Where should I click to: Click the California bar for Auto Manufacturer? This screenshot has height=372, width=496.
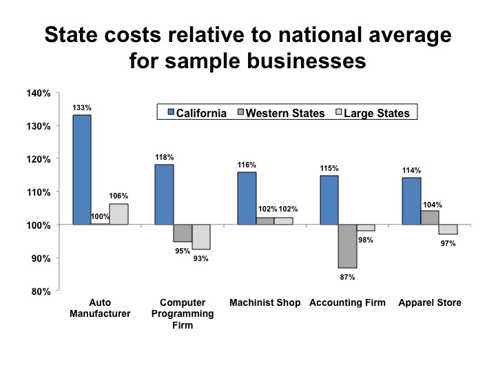(81, 169)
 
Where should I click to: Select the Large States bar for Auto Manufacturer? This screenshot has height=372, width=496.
(118, 214)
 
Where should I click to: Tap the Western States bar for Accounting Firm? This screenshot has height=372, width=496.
(347, 246)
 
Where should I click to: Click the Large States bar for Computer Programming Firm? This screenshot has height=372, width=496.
(201, 236)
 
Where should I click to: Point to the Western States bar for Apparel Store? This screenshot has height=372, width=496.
(430, 218)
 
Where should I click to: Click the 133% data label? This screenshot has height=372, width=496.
(81, 108)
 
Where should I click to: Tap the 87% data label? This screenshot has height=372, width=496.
(348, 277)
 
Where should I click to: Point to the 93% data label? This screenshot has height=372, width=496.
(200, 258)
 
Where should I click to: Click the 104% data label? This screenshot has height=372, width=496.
(433, 205)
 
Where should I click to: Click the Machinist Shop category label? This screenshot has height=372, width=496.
(265, 302)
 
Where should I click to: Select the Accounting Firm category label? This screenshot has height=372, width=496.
(347, 302)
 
